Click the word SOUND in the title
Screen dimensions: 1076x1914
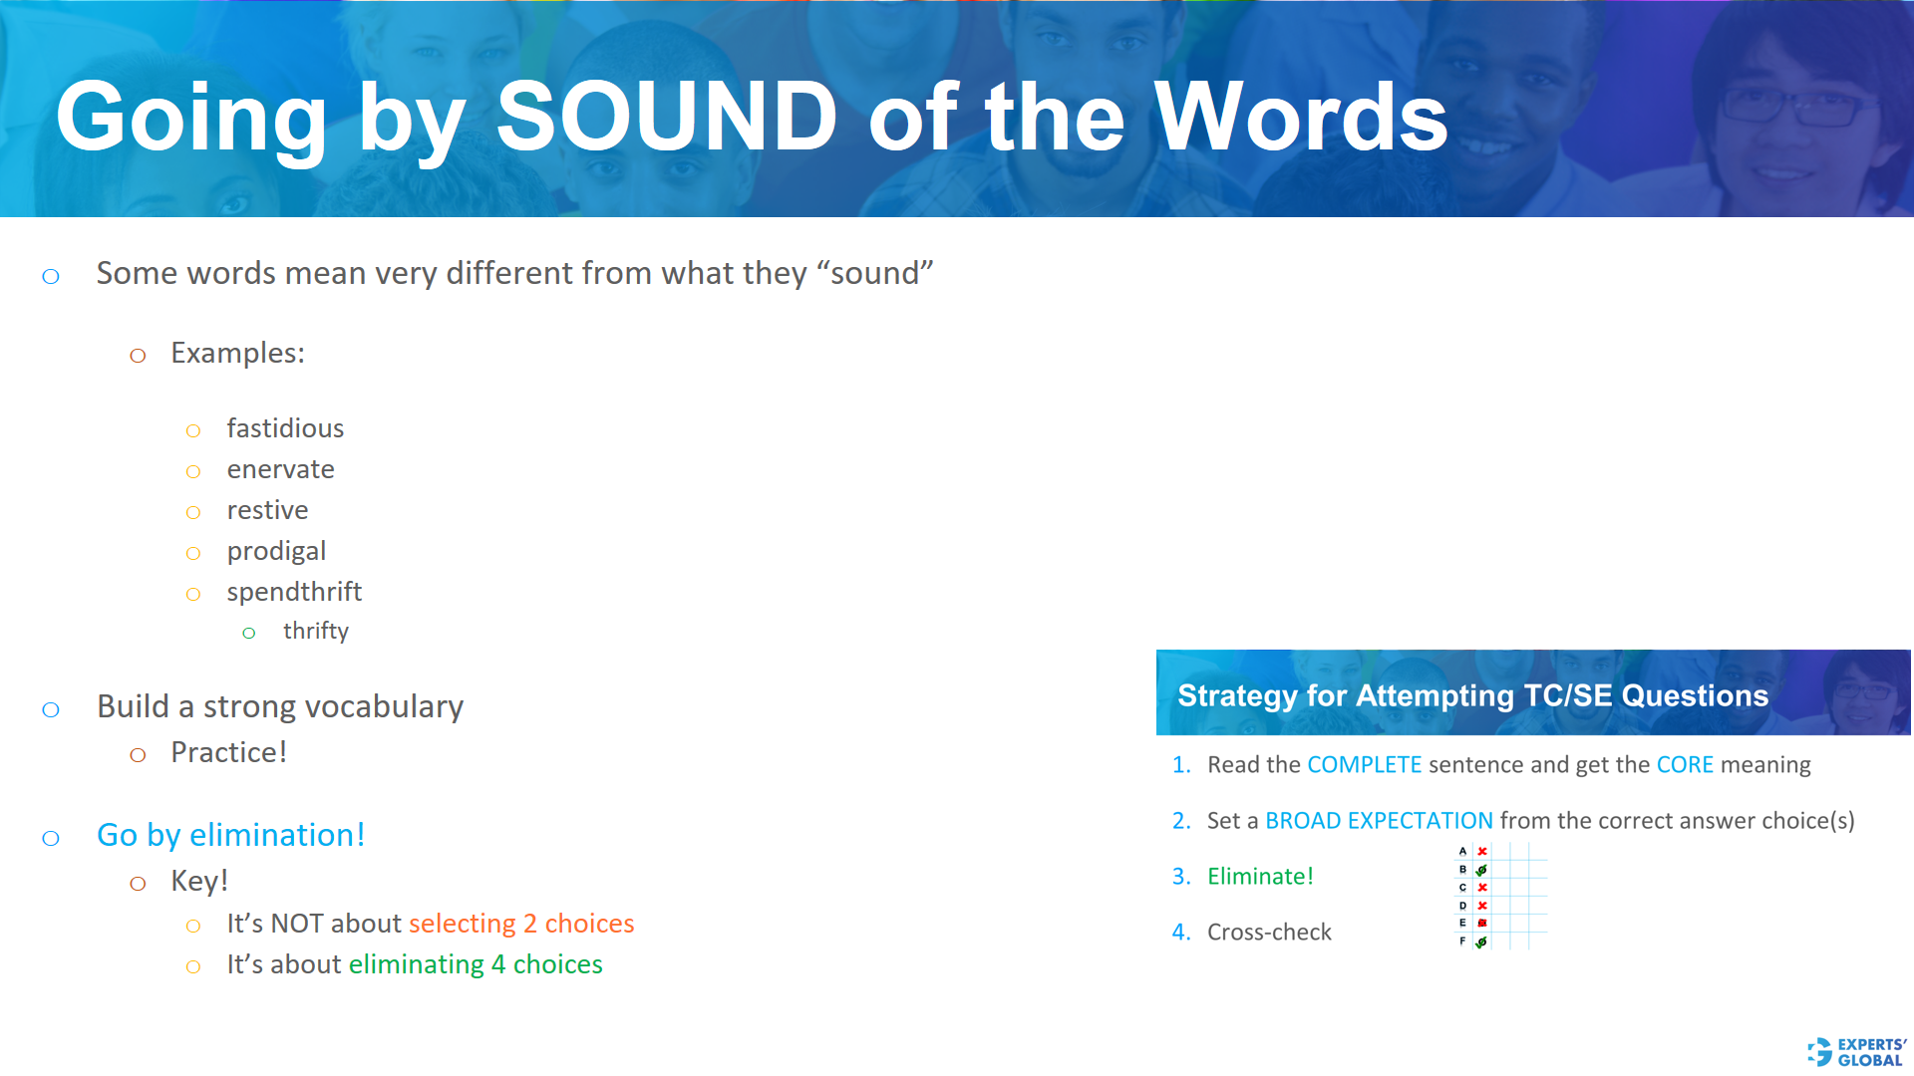click(x=666, y=118)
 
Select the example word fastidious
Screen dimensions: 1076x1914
click(x=285, y=428)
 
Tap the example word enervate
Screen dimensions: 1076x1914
click(x=280, y=469)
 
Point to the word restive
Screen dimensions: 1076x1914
click(x=267, y=510)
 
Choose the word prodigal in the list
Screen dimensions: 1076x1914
click(x=276, y=551)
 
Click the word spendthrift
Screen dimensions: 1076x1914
click(x=294, y=592)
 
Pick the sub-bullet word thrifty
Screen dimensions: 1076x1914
click(x=315, y=631)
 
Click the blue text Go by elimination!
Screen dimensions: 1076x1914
click(x=230, y=835)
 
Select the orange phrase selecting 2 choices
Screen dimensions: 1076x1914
click(x=521, y=924)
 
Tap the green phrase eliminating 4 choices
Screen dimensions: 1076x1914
click(x=476, y=964)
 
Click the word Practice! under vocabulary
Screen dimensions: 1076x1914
click(x=228, y=752)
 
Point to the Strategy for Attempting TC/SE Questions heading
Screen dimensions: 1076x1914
click(x=1472, y=695)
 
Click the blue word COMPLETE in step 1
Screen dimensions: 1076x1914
click(x=1364, y=765)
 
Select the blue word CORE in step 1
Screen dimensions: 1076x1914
click(x=1684, y=765)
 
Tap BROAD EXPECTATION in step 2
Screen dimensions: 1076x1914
click(x=1379, y=821)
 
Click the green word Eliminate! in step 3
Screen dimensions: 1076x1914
click(x=1260, y=877)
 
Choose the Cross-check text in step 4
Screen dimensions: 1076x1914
click(x=1269, y=933)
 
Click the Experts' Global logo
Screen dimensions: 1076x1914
click(x=1856, y=1052)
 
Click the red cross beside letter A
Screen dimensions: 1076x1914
click(x=1482, y=852)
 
